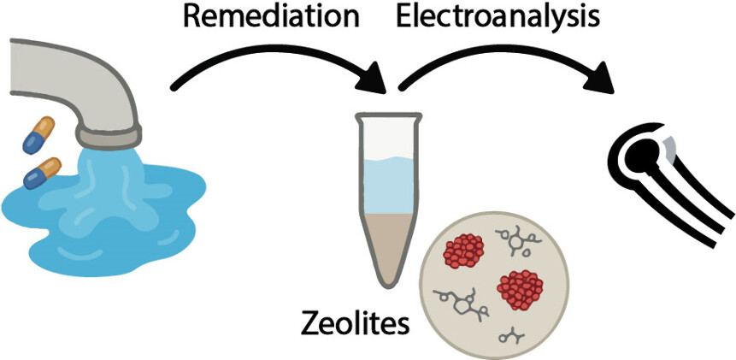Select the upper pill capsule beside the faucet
pyautogui.click(x=39, y=133)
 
